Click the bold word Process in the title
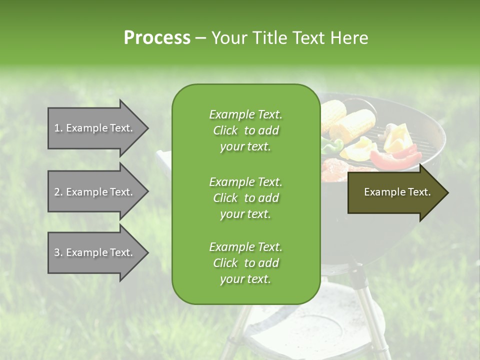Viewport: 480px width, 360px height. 157,38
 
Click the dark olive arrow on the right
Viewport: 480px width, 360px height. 395,192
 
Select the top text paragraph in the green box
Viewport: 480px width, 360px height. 245,130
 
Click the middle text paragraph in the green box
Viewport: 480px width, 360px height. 245,198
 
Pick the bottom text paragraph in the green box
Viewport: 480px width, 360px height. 245,263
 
